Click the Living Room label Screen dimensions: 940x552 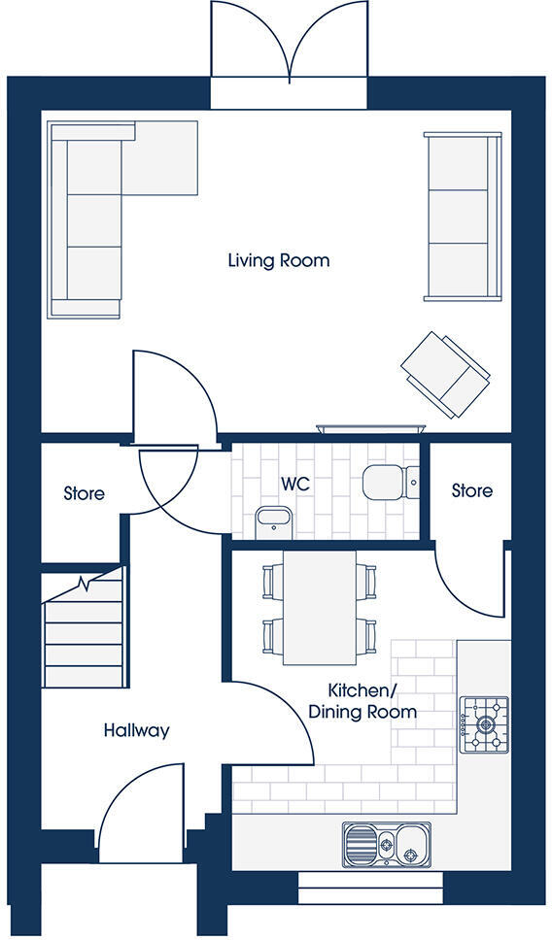[278, 260]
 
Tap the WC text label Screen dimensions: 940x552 [294, 483]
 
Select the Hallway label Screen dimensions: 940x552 [136, 730]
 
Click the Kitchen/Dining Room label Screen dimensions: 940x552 [362, 701]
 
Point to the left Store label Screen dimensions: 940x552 [85, 493]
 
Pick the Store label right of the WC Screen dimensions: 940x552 [471, 490]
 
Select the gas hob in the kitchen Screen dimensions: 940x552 [484, 723]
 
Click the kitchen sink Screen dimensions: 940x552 [386, 841]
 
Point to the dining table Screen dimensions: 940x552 [320, 607]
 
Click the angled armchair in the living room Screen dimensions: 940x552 [444, 374]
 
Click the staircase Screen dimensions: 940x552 [85, 631]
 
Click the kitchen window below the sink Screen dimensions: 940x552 [369, 886]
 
